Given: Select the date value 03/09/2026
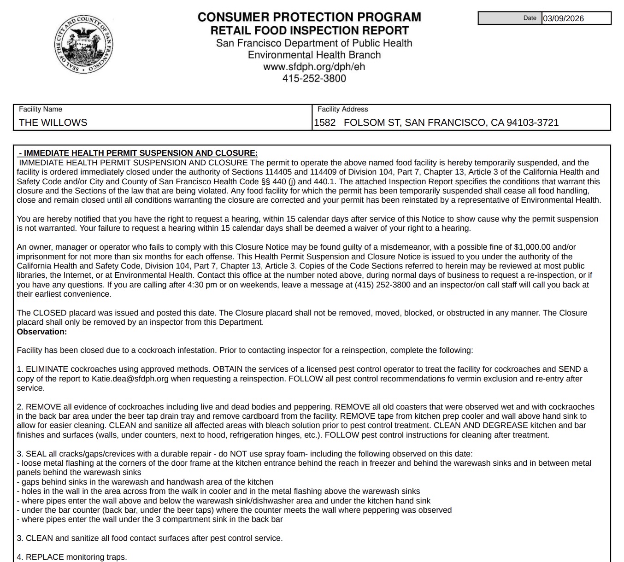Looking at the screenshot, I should coord(563,18).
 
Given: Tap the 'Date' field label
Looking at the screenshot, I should coord(530,18).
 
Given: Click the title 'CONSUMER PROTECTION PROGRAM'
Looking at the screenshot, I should coord(309,17).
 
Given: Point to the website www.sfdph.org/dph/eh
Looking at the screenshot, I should coord(314,66).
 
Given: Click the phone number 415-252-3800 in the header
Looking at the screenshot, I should coord(314,78).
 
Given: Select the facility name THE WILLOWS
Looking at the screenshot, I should coord(53,123).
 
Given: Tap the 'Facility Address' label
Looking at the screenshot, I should coord(342,109).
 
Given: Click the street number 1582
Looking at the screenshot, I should coord(325,123).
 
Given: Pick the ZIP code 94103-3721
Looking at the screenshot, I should coord(532,123).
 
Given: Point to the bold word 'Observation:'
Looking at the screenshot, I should coord(42,332).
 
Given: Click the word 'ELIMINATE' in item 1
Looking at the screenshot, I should coord(47,369).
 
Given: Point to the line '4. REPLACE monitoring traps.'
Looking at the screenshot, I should coord(72,557).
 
